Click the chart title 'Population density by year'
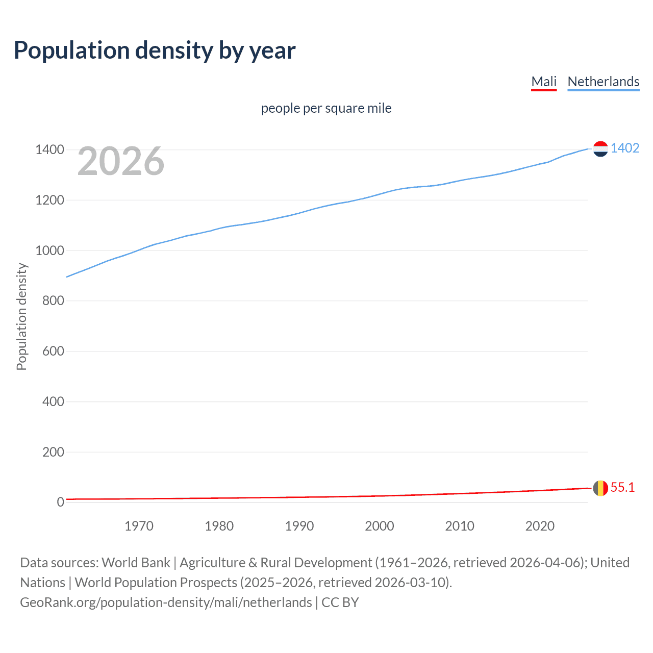[155, 51]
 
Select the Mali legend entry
[543, 82]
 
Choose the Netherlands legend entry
[603, 82]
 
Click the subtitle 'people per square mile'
[326, 108]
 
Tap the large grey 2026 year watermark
[121, 161]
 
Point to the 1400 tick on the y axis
[49, 149]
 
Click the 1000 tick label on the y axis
[49, 250]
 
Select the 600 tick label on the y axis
[53, 351]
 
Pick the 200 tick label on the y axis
[53, 452]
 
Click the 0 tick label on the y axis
[60, 502]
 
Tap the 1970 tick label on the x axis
[139, 526]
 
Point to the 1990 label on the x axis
[299, 526]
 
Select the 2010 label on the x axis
[460, 526]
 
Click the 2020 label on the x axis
[540, 526]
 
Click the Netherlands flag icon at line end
[600, 148]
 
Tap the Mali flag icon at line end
[600, 488]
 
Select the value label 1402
[625, 148]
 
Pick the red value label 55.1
[622, 487]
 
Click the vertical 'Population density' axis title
[21, 316]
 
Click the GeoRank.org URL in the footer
[166, 602]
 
